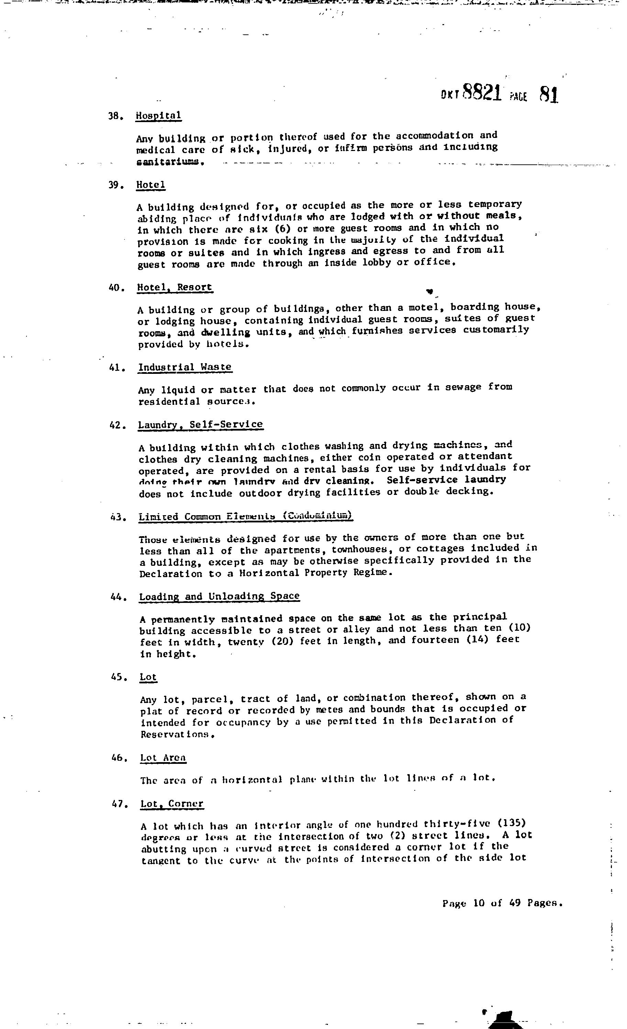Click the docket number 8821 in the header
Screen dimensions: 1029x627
point(482,93)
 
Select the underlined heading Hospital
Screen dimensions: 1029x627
point(158,116)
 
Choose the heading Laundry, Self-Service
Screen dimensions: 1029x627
point(201,425)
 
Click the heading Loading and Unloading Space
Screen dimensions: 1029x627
point(219,596)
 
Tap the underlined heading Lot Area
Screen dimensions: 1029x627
point(163,758)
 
